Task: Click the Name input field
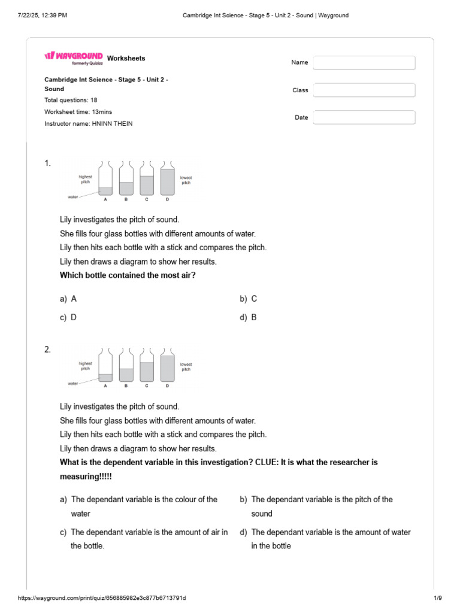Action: pyautogui.click(x=364, y=63)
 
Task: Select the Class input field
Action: pyautogui.click(x=364, y=90)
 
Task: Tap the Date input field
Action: pyautogui.click(x=364, y=118)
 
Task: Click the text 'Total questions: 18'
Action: pyautogui.click(x=71, y=100)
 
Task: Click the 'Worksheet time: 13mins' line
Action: pyautogui.click(x=78, y=112)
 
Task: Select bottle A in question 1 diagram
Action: pyautogui.click(x=105, y=179)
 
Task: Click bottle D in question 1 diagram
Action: pyautogui.click(x=167, y=179)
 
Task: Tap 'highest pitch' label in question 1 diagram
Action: pyautogui.click(x=85, y=179)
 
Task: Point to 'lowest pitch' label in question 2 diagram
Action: pyautogui.click(x=186, y=366)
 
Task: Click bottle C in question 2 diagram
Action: pyautogui.click(x=147, y=366)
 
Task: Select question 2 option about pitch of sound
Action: pyautogui.click(x=322, y=506)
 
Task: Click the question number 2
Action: pyautogui.click(x=48, y=350)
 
